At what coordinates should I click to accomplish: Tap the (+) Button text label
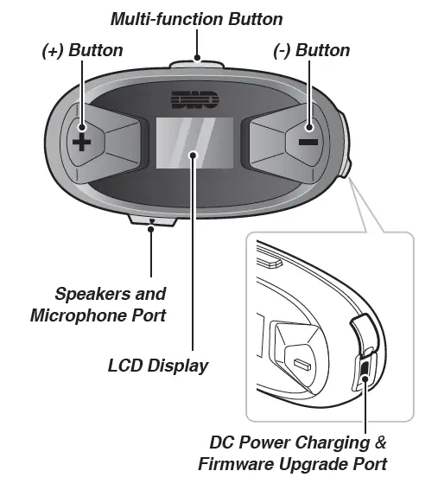[x=82, y=50]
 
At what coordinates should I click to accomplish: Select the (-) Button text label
[x=311, y=50]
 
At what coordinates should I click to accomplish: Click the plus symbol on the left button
[x=79, y=141]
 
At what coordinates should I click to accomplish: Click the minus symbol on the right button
[x=309, y=141]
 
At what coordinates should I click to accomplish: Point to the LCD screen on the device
[x=194, y=142]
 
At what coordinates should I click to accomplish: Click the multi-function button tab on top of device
[x=197, y=61]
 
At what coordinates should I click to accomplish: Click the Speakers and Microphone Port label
[x=98, y=305]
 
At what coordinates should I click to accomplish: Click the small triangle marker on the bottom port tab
[x=152, y=222]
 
